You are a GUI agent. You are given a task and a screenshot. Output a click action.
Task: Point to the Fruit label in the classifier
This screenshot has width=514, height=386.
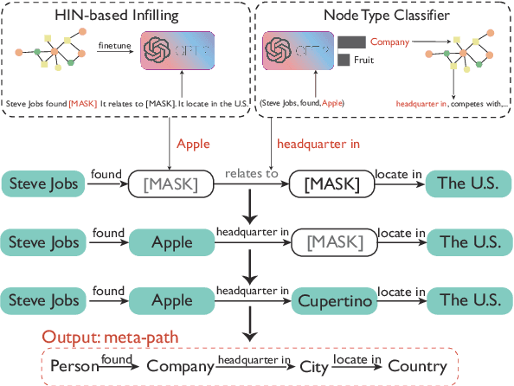click(362, 60)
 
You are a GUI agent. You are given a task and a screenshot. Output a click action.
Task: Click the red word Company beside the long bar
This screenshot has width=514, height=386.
click(389, 41)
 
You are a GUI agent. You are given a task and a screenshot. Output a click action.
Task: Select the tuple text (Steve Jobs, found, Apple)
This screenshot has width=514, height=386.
click(303, 104)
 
